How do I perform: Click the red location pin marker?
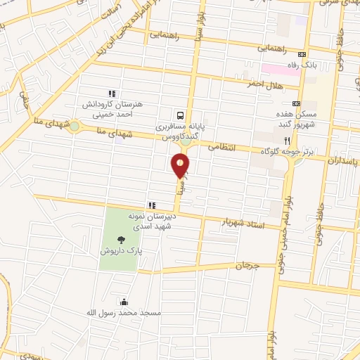pyautogui.click(x=181, y=165)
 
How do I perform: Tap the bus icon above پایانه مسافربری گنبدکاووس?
pyautogui.click(x=181, y=115)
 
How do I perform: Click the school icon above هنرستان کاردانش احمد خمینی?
pyautogui.click(x=111, y=93)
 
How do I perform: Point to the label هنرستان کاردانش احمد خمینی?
pyautogui.click(x=111, y=108)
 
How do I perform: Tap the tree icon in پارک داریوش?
pyautogui.click(x=122, y=240)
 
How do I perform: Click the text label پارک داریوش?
pyautogui.click(x=122, y=251)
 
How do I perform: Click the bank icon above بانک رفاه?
pyautogui.click(x=302, y=55)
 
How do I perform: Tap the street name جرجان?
pyautogui.click(x=247, y=266)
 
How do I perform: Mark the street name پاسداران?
pyautogui.click(x=342, y=159)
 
